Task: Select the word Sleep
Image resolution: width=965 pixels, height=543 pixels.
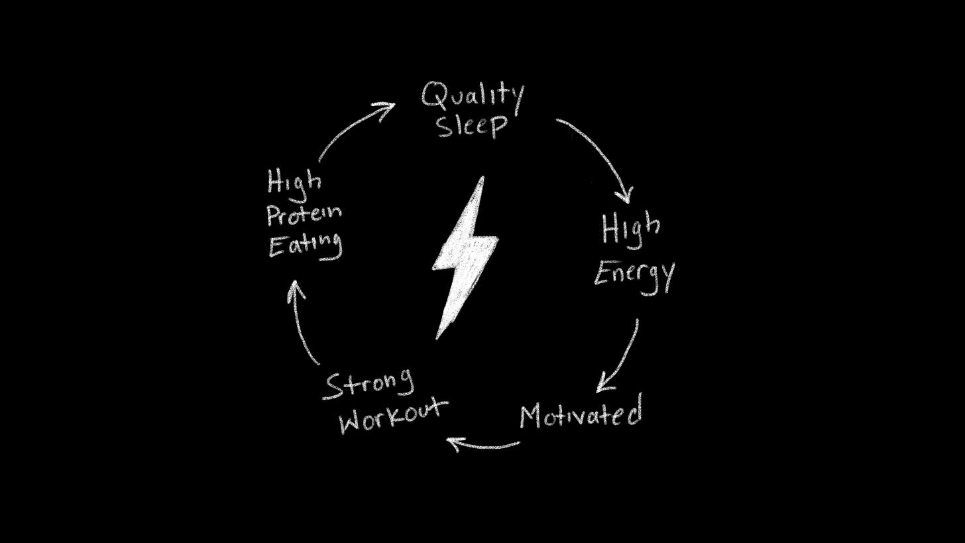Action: click(x=472, y=125)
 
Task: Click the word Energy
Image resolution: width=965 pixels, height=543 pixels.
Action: click(x=634, y=274)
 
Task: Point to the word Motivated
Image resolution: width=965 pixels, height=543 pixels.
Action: click(x=581, y=414)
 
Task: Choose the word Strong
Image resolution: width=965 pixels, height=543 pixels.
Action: click(x=369, y=385)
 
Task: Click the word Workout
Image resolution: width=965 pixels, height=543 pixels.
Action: click(x=392, y=416)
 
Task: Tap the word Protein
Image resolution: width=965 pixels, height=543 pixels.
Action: click(x=304, y=213)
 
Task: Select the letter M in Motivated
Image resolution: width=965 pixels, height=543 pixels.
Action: click(x=530, y=416)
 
